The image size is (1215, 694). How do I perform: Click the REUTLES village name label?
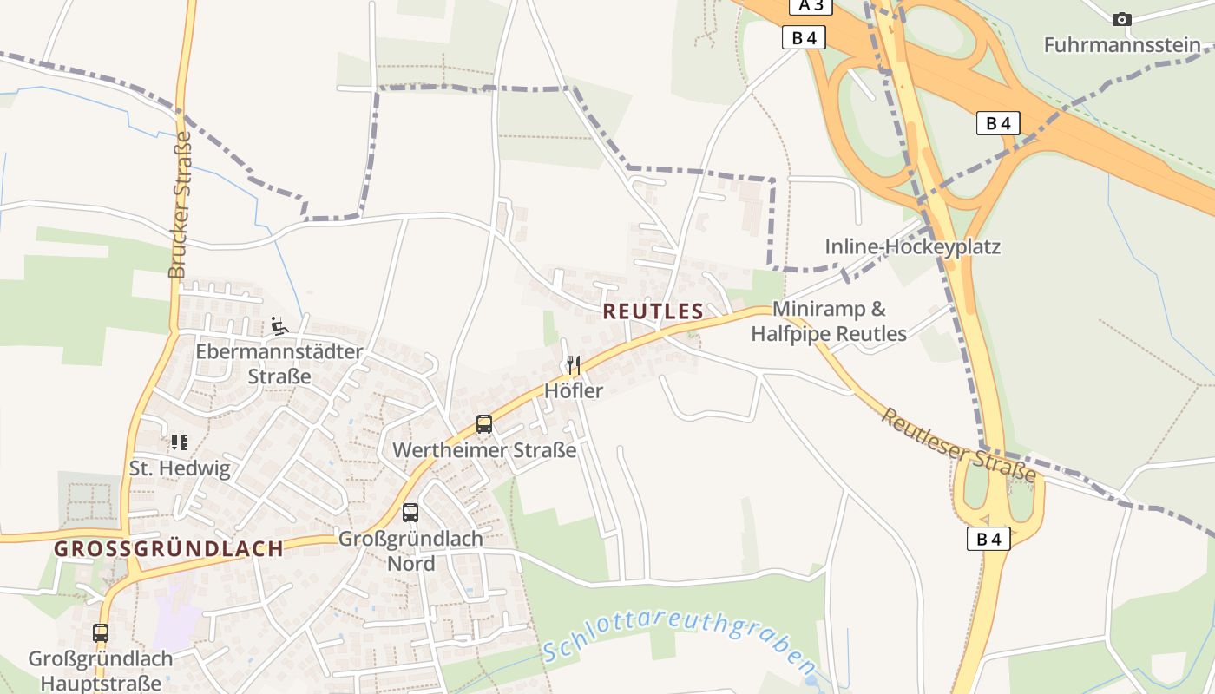(x=653, y=311)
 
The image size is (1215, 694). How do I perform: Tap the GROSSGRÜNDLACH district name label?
(x=168, y=548)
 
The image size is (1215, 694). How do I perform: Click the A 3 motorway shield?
(x=811, y=5)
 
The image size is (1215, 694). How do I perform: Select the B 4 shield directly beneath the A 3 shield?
(x=804, y=37)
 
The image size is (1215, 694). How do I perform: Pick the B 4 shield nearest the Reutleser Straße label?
(x=988, y=539)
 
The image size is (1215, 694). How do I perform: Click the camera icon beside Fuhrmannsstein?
(x=1121, y=19)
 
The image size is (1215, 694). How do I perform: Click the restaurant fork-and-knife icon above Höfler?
(x=573, y=364)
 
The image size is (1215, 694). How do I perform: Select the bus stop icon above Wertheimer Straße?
(x=484, y=424)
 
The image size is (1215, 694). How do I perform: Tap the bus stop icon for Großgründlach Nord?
(x=410, y=513)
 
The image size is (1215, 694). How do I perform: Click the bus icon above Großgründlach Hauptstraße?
(x=101, y=633)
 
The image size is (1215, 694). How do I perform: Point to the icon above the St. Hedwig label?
(x=180, y=442)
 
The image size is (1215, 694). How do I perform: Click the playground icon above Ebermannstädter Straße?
(x=279, y=326)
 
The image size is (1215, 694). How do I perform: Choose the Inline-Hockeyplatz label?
(x=912, y=247)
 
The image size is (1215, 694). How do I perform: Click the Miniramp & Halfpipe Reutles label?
(x=829, y=321)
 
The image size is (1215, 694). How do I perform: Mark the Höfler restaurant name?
(x=573, y=390)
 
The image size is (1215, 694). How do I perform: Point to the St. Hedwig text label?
(x=180, y=469)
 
